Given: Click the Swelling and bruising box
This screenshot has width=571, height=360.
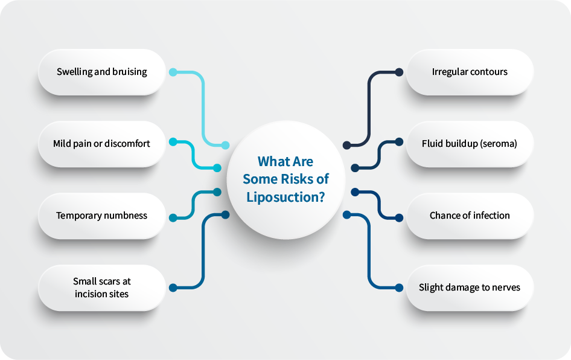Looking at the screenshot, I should coord(101,72).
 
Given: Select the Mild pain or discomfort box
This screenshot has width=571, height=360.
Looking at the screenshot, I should coord(101,144).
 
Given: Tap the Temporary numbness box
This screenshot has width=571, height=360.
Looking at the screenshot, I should coord(101,216).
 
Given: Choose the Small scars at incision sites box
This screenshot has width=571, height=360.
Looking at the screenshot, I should coord(101,288).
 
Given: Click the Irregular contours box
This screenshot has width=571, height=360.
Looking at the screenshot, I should coord(470,72).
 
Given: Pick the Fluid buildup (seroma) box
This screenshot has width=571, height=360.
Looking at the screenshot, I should coord(470,144).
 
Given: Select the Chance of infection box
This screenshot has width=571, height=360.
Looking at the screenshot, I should coord(470,216).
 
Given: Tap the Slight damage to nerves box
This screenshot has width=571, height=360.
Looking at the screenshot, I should coord(470,288).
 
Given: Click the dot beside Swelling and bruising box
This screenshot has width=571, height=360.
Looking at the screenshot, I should coord(173,72).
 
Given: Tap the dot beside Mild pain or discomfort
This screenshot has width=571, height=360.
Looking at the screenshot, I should coord(173,143).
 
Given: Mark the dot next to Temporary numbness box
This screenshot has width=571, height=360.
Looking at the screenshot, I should coord(173,217).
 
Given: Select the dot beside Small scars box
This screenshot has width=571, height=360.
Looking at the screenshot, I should coord(173,288).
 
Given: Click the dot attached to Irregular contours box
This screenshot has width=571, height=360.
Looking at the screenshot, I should coord(399,72).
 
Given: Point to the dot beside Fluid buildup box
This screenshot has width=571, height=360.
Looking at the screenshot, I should coord(399,143).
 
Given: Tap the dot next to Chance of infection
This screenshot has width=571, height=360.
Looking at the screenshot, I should coord(399,217).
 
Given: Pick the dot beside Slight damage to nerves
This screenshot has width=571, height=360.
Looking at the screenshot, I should coord(399,288).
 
